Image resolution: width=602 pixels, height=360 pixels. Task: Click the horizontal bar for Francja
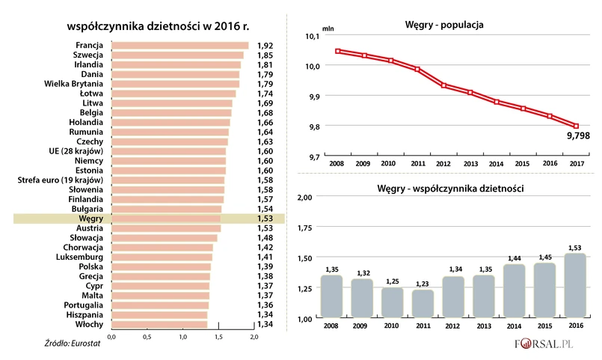179,46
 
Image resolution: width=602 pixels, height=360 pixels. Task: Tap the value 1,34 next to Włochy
264,324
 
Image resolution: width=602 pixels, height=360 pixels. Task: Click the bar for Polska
161,266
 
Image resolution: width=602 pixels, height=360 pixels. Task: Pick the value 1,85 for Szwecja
264,55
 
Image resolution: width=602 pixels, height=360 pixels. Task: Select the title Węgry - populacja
443,25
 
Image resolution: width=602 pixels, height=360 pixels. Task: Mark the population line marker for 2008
339,51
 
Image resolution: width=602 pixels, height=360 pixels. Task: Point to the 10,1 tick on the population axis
313,37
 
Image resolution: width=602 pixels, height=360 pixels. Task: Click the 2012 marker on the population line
444,85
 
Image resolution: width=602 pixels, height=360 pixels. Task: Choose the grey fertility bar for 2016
575,286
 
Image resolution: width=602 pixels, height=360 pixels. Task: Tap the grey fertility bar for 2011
423,304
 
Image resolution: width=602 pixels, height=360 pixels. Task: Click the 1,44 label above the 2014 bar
514,257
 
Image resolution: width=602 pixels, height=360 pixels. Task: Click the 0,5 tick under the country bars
148,338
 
